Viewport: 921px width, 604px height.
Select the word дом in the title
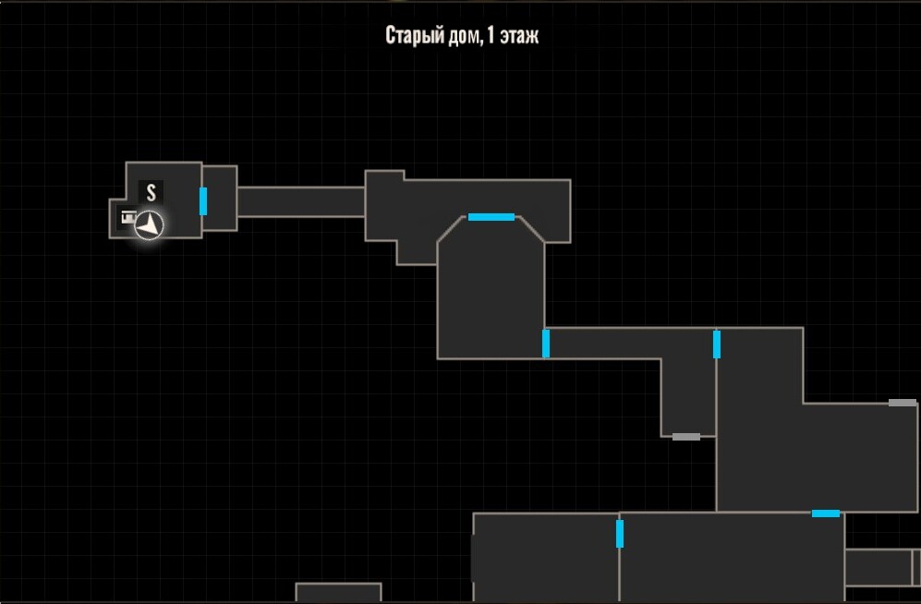pyautogui.click(x=468, y=36)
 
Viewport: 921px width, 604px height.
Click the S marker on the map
pyautogui.click(x=151, y=192)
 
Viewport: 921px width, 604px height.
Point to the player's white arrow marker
pyautogui.click(x=150, y=225)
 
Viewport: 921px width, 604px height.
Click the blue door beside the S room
pyautogui.click(x=203, y=201)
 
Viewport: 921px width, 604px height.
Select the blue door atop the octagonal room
pyautogui.click(x=491, y=217)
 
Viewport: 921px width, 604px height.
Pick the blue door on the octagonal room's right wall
pyautogui.click(x=546, y=344)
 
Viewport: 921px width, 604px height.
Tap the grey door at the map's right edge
pyautogui.click(x=903, y=403)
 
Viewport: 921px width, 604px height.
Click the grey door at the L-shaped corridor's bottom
pyautogui.click(x=686, y=437)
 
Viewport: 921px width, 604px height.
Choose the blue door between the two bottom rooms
pyautogui.click(x=620, y=534)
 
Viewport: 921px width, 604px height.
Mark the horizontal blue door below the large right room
pyautogui.click(x=826, y=513)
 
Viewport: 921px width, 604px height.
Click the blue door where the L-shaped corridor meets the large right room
pyautogui.click(x=717, y=344)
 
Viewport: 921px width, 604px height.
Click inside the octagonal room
pyautogui.click(x=491, y=294)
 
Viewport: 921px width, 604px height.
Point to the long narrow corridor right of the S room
pyautogui.click(x=301, y=202)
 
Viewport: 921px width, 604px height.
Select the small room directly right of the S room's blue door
pyautogui.click(x=220, y=199)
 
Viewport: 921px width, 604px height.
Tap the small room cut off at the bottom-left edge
pyautogui.click(x=338, y=593)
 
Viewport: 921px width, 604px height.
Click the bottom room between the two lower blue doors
pyautogui.click(x=732, y=558)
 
